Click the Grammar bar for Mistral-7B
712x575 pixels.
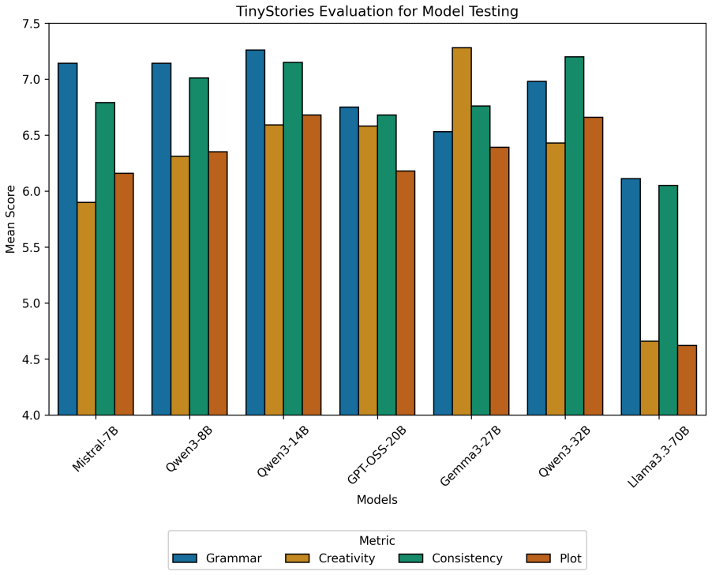click(68, 239)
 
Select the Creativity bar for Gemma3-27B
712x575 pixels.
click(462, 231)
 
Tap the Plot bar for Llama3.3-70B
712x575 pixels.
click(687, 380)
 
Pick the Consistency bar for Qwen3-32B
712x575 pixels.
click(575, 235)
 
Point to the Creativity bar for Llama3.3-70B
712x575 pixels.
click(650, 378)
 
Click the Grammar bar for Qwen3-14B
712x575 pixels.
click(255, 232)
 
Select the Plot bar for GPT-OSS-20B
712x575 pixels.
click(406, 293)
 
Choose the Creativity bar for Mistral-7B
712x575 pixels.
click(86, 308)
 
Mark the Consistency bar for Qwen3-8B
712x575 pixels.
click(199, 246)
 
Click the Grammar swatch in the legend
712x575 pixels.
click(185, 558)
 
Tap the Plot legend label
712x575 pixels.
click(571, 558)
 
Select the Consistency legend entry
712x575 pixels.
click(451, 558)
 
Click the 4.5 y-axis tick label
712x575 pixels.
click(31, 359)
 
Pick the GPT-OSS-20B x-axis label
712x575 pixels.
click(377, 454)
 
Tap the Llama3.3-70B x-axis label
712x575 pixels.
click(658, 456)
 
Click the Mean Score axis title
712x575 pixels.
click(10, 219)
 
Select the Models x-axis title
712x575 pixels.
click(377, 500)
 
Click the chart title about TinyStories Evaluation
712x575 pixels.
click(377, 11)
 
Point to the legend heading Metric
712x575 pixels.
click(377, 540)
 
